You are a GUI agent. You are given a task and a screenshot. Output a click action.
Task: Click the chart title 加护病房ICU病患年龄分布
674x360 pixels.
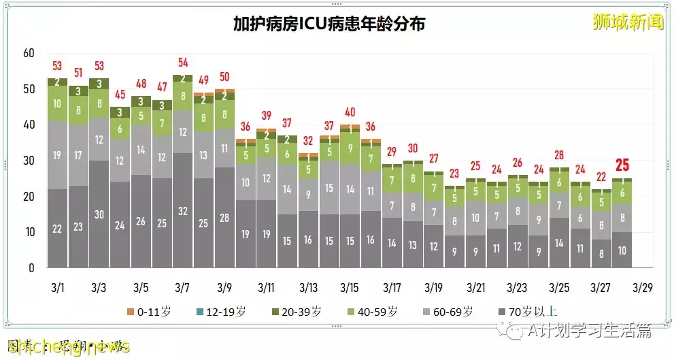click(329, 24)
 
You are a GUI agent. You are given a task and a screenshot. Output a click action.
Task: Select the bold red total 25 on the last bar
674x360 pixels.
click(622, 165)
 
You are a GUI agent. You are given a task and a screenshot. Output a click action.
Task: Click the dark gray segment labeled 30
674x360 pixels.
click(99, 214)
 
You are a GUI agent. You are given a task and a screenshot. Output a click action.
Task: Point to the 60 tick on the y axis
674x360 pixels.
click(28, 54)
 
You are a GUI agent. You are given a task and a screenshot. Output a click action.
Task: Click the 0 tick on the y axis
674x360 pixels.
click(31, 268)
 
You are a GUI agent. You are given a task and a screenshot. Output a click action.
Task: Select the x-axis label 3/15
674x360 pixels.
click(350, 288)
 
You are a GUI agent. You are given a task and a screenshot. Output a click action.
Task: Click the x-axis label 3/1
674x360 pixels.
click(57, 288)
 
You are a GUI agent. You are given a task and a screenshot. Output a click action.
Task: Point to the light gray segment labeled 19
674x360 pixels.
click(57, 156)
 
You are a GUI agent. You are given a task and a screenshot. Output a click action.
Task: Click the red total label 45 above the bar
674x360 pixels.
click(120, 95)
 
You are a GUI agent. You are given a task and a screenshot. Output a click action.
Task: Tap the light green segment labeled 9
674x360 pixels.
click(350, 148)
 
